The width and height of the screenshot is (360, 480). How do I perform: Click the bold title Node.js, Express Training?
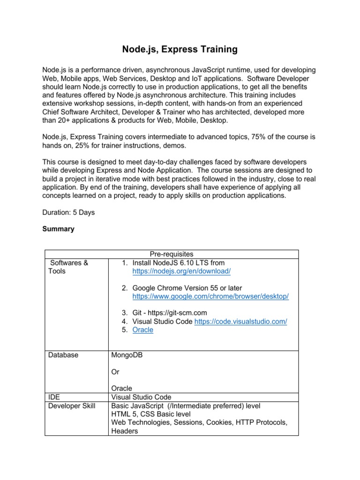click(180, 49)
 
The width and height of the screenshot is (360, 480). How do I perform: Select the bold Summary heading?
click(58, 229)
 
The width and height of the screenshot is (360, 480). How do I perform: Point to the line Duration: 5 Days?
click(68, 212)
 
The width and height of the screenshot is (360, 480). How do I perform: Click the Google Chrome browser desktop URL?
click(210, 297)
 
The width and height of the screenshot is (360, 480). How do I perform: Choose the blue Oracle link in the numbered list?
click(142, 330)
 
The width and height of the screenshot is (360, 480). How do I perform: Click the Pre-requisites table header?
click(171, 254)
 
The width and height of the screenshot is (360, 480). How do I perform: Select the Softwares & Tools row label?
click(68, 267)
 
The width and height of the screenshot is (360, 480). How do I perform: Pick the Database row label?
click(63, 355)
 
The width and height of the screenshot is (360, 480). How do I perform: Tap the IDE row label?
click(54, 397)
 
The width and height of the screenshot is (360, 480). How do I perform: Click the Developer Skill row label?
click(72, 405)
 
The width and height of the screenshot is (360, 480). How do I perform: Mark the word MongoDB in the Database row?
click(127, 355)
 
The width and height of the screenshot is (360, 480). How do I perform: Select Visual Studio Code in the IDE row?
click(141, 397)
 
